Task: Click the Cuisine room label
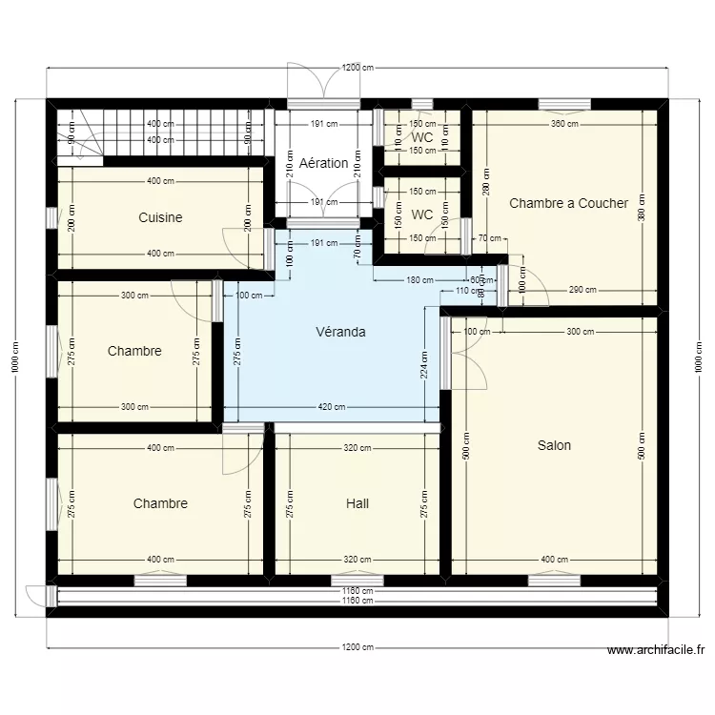click(x=160, y=217)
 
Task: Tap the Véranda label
click(x=341, y=333)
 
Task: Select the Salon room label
click(x=554, y=445)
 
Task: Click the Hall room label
click(x=357, y=503)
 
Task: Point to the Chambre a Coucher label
click(x=568, y=203)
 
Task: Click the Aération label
click(x=323, y=163)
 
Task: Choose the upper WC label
click(x=422, y=137)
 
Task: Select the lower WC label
click(x=422, y=214)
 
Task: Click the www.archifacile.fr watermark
click(x=655, y=651)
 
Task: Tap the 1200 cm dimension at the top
click(x=357, y=68)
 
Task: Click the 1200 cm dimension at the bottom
click(x=357, y=647)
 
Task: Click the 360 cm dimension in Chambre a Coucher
click(x=564, y=124)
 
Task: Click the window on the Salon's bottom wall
click(x=554, y=580)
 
